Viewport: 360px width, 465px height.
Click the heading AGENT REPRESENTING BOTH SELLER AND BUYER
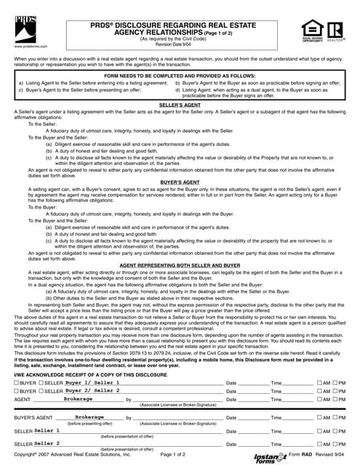tap(180, 266)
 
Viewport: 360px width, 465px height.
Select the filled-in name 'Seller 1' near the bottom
tap(47, 430)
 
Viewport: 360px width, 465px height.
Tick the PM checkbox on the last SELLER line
tap(335, 442)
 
